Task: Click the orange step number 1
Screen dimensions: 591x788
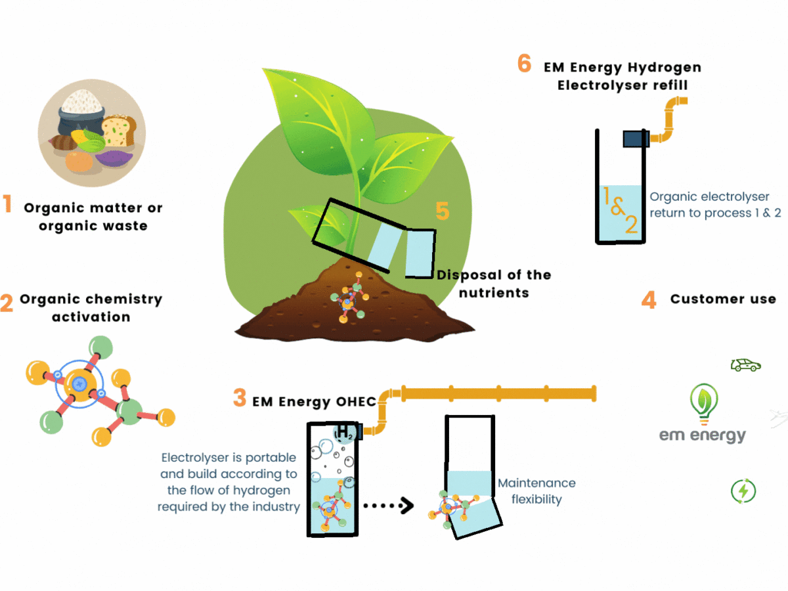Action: pyautogui.click(x=8, y=204)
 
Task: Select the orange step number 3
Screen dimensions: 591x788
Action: pyautogui.click(x=240, y=397)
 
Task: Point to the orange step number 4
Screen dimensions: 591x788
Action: pyautogui.click(x=649, y=299)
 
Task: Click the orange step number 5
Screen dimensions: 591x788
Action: pyautogui.click(x=443, y=211)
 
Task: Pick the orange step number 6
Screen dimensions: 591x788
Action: pyautogui.click(x=524, y=64)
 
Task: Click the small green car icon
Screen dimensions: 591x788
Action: pyautogui.click(x=745, y=364)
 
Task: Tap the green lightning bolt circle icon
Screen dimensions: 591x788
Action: pyautogui.click(x=743, y=491)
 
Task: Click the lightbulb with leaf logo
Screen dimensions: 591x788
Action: pyautogui.click(x=703, y=403)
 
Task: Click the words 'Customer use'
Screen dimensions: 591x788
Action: pyautogui.click(x=723, y=299)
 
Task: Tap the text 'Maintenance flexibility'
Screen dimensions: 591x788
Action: pyautogui.click(x=536, y=491)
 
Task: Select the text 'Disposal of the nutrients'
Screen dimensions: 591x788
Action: pyautogui.click(x=494, y=283)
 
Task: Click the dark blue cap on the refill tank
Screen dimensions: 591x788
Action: pyautogui.click(x=636, y=138)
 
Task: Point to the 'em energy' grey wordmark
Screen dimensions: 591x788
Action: pyautogui.click(x=703, y=435)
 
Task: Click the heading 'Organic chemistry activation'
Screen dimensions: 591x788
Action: pyautogui.click(x=91, y=308)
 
